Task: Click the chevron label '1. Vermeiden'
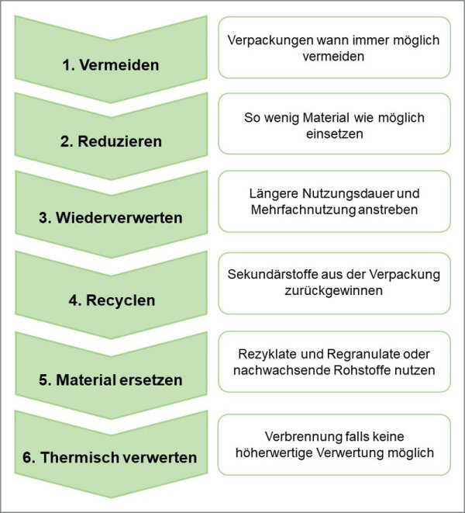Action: [111, 64]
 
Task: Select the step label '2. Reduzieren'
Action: [111, 141]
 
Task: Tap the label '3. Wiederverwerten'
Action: [111, 217]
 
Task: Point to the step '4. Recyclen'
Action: [112, 300]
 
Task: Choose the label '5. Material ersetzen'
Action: [111, 380]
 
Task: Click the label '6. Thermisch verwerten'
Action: [110, 457]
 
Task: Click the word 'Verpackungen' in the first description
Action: [270, 40]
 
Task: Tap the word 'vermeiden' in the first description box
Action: [333, 57]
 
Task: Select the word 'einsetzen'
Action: [334, 133]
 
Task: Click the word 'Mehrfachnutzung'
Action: [303, 210]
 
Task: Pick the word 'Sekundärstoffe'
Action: [273, 275]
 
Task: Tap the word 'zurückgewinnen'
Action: [333, 290]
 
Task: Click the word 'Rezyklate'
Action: [268, 354]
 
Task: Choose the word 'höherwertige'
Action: [274, 453]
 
